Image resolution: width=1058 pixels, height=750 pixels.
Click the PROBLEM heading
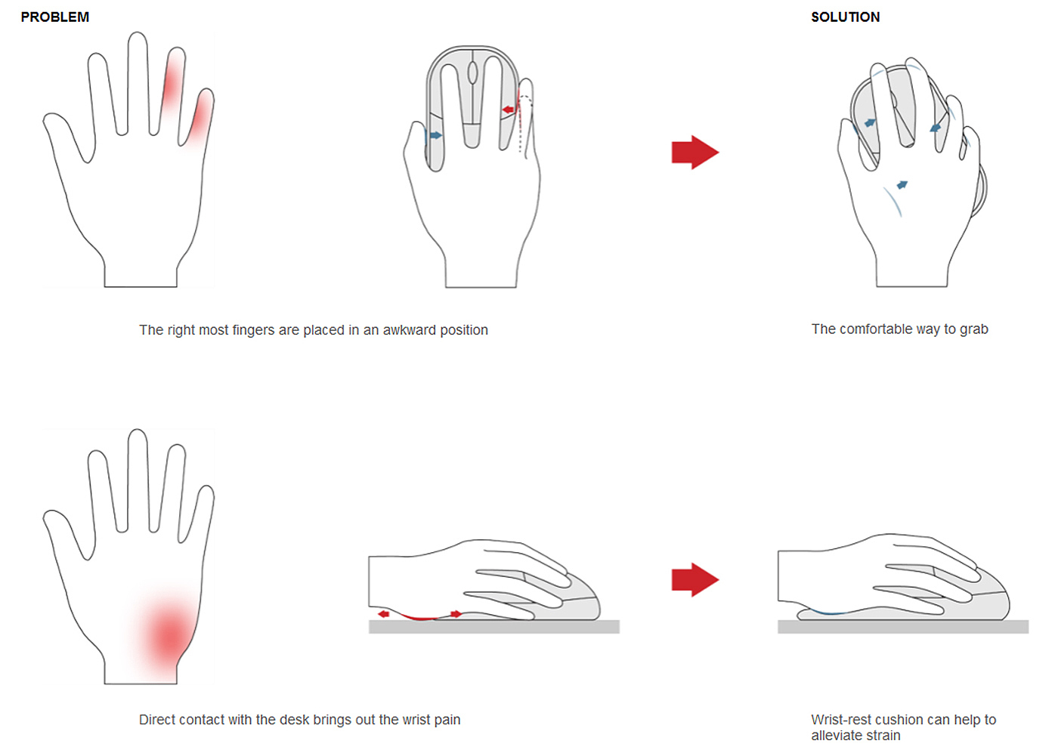point(54,17)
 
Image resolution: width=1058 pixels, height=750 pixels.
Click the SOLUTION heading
point(845,17)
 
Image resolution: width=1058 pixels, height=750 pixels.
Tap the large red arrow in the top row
point(695,152)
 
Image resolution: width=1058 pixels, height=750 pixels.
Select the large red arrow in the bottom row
point(695,579)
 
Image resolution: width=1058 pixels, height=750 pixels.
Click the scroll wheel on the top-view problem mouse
point(472,73)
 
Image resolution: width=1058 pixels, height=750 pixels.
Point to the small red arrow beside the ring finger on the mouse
point(508,110)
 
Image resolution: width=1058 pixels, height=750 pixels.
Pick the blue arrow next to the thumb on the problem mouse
point(435,135)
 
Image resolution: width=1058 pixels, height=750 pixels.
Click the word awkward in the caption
point(409,330)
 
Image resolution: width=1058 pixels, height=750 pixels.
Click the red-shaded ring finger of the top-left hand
point(172,85)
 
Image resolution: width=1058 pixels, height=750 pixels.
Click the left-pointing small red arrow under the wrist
point(384,614)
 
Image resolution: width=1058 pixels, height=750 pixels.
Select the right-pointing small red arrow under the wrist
point(456,614)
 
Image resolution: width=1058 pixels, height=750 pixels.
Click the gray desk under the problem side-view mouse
point(494,627)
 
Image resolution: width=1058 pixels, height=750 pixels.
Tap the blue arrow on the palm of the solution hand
point(902,184)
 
